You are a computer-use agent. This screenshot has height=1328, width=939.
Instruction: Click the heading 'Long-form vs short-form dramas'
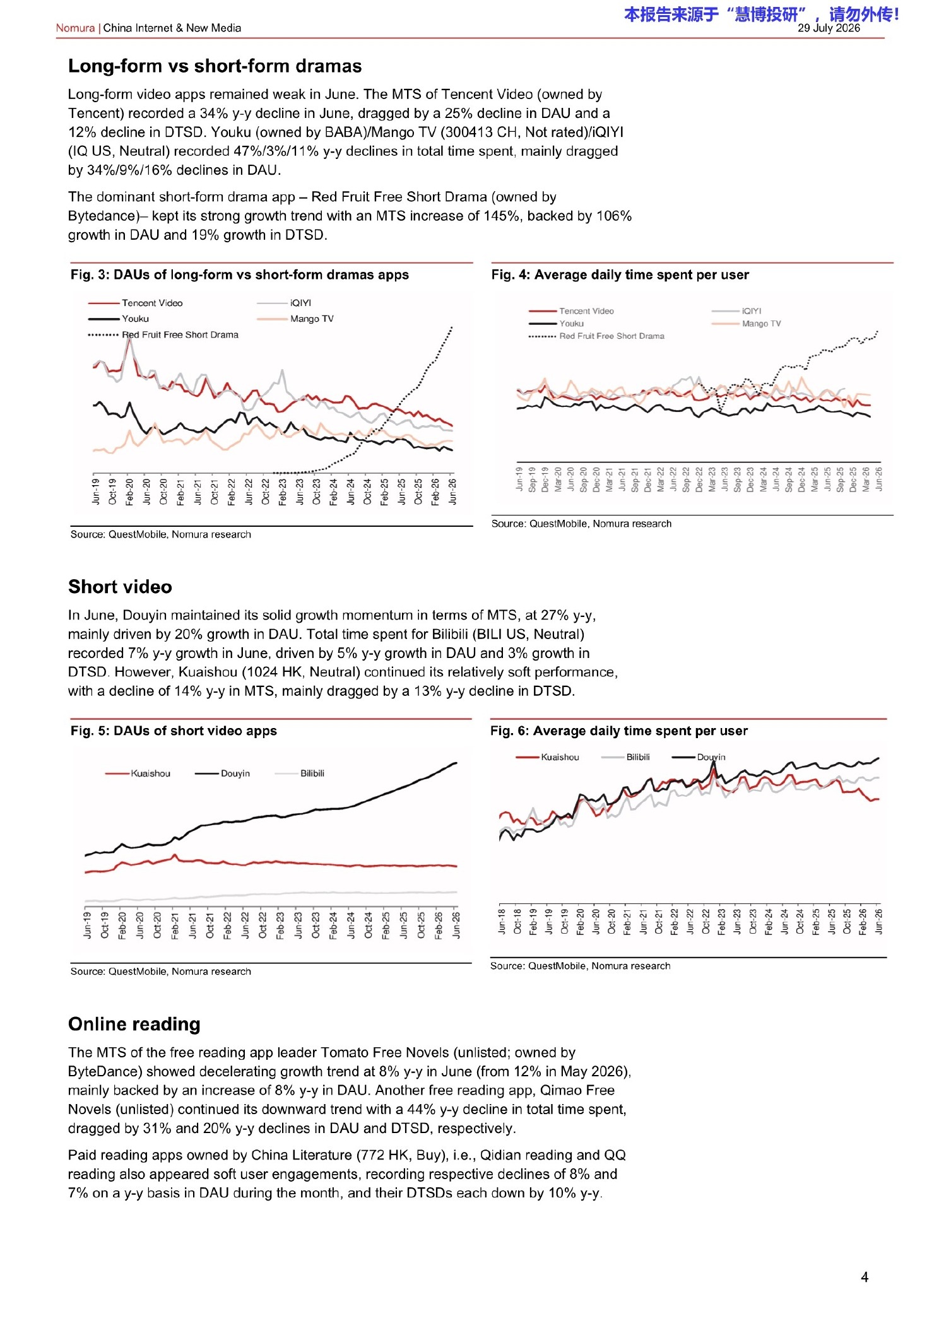point(215,66)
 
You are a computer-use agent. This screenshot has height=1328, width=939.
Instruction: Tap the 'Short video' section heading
point(120,587)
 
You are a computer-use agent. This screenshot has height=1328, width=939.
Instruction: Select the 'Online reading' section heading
point(134,1024)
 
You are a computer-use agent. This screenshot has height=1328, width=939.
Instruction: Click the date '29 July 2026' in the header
point(829,28)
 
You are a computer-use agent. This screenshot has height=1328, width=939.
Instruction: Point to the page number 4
point(865,1278)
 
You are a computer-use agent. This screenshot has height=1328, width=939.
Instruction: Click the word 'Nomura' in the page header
point(75,28)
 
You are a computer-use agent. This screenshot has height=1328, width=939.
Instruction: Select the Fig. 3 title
point(240,274)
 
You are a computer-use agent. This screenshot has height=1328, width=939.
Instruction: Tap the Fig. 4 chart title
point(620,274)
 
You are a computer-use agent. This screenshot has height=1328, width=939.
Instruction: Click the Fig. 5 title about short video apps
point(174,731)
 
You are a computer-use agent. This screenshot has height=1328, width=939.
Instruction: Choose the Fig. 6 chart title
point(619,731)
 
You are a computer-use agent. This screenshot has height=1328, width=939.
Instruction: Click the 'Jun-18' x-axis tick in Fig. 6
point(502,921)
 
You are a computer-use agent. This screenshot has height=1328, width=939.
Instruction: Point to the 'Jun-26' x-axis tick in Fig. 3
point(452,491)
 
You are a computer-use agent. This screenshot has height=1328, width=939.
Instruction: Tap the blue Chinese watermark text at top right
point(762,14)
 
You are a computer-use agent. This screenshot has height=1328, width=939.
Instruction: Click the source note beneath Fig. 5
point(161,972)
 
